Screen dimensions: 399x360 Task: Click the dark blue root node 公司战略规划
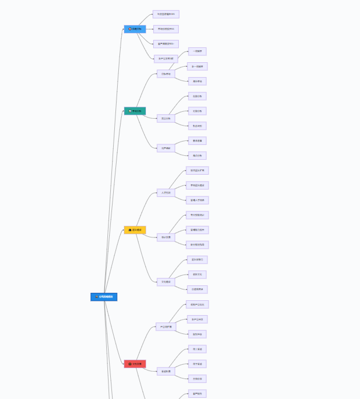(x=103, y=297)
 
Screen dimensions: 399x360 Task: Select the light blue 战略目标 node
(x=135, y=29)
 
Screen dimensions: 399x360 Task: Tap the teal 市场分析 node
(x=135, y=111)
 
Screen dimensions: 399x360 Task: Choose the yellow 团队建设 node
(x=135, y=230)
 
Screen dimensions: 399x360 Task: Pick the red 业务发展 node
(x=135, y=364)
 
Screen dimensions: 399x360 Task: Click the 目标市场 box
(x=166, y=74)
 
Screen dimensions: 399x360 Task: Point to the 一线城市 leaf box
(x=197, y=51)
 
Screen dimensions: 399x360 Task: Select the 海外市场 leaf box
(x=197, y=81)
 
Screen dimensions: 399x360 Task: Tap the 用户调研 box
(x=166, y=148)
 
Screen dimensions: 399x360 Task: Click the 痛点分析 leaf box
(x=197, y=155)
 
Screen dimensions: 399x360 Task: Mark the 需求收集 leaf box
(x=197, y=140)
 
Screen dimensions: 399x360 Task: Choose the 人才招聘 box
(x=166, y=192)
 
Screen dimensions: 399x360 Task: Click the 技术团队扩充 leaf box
(x=197, y=170)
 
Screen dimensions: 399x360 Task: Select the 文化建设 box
(x=166, y=281)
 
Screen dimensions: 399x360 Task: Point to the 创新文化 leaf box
(x=197, y=274)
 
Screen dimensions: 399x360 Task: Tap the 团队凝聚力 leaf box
(x=197, y=259)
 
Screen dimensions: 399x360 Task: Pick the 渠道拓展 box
(x=166, y=371)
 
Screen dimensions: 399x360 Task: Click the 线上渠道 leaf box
(x=197, y=349)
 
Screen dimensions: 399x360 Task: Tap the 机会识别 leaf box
(x=197, y=126)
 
